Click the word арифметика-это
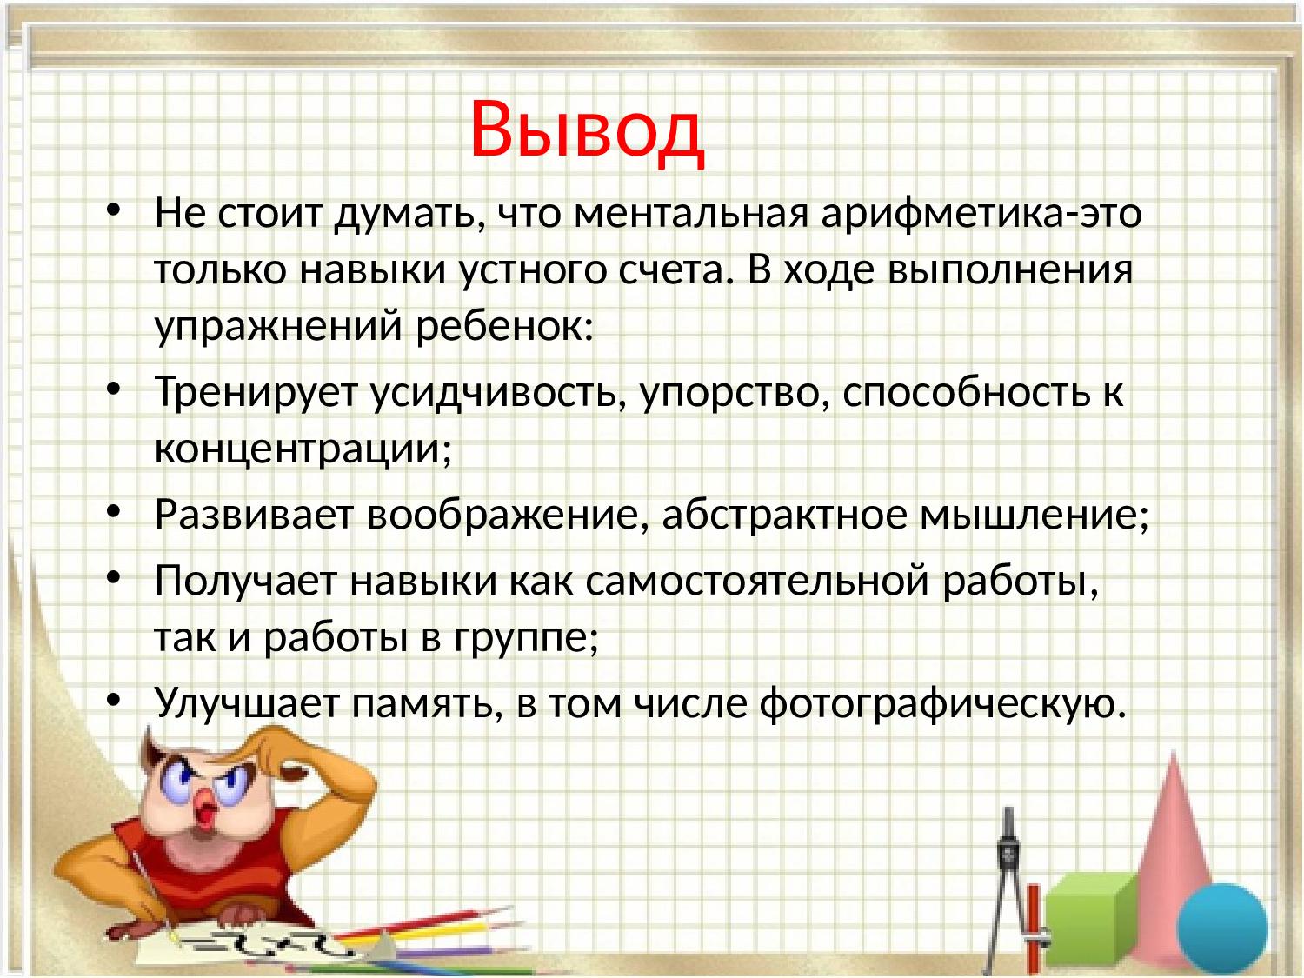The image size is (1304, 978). [981, 212]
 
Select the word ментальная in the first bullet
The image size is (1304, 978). [691, 212]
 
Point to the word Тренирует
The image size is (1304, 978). [255, 393]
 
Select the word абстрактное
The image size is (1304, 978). [785, 515]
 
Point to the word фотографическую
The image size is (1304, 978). [943, 703]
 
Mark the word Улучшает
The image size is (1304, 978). [247, 702]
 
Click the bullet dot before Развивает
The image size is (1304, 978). [114, 511]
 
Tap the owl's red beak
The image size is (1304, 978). [205, 814]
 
